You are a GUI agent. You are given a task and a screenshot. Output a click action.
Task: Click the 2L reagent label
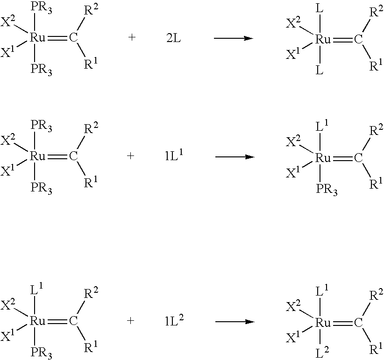pyautogui.click(x=174, y=38)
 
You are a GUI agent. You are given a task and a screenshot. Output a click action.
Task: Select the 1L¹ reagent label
pyautogui.click(x=174, y=155)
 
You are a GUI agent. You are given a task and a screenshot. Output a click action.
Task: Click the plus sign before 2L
pyautogui.click(x=132, y=37)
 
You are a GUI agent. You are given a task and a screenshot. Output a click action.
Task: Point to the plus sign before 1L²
pyautogui.click(x=131, y=320)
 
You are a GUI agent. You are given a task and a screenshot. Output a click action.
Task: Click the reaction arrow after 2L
pyautogui.click(x=234, y=38)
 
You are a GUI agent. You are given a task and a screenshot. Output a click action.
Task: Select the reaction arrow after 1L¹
pyautogui.click(x=235, y=156)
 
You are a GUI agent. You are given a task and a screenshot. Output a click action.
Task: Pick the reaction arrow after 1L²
pyautogui.click(x=235, y=322)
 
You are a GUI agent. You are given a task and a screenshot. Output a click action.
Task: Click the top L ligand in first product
pyautogui.click(x=320, y=9)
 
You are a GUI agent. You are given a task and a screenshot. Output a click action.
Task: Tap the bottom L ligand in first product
pyautogui.click(x=320, y=71)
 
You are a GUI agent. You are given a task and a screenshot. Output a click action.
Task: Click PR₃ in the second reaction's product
pyautogui.click(x=327, y=190)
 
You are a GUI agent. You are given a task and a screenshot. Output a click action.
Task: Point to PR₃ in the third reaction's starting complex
pyautogui.click(x=41, y=353)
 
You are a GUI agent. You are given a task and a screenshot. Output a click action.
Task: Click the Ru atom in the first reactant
pyautogui.click(x=38, y=38)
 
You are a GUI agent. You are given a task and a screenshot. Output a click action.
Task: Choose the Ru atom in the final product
pyautogui.click(x=323, y=323)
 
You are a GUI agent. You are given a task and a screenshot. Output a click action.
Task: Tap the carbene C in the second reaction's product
pyautogui.click(x=358, y=158)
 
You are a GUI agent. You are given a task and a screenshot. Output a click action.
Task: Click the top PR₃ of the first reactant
pyautogui.click(x=41, y=8)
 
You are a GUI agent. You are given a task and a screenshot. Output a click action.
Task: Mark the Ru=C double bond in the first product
pyautogui.click(x=342, y=40)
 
